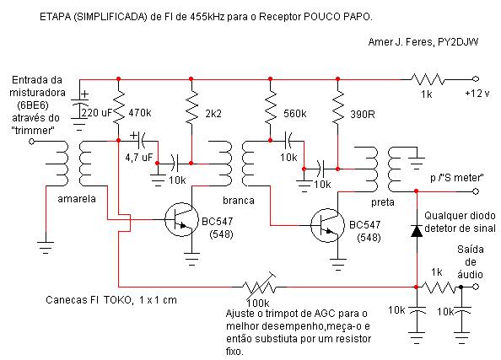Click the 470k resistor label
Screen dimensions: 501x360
coord(140,113)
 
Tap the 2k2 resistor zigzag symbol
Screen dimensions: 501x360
coord(191,106)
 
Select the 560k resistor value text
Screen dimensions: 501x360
coord(295,114)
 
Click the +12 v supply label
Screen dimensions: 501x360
coord(477,94)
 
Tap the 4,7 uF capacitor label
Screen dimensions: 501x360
coord(138,157)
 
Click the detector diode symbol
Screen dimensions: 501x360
coord(417,231)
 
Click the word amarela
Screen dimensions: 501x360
coord(77,199)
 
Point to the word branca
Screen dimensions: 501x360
coord(239,201)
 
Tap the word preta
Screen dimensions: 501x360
coord(383,202)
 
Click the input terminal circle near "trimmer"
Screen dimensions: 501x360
coord(31,141)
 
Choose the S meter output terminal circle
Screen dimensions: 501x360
coord(476,191)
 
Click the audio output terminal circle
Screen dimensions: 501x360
coord(476,287)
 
